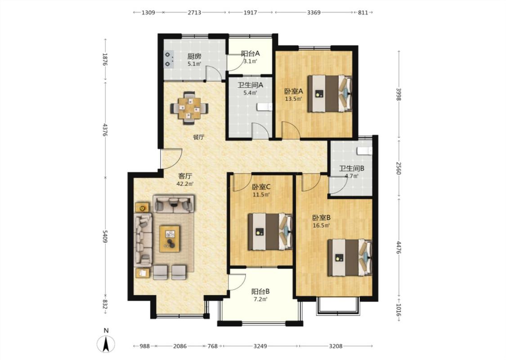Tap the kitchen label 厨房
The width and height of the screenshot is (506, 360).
pyautogui.click(x=194, y=57)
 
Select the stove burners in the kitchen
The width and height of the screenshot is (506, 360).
pyautogui.click(x=169, y=59)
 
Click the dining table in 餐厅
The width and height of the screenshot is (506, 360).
pyautogui.click(x=189, y=108)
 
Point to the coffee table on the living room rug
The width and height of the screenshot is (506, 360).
pyautogui.click(x=170, y=238)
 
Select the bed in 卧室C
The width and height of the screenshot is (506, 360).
pyautogui.click(x=270, y=231)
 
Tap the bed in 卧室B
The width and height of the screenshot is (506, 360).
pyautogui.click(x=350, y=257)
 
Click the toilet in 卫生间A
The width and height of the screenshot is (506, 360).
pyautogui.click(x=264, y=107)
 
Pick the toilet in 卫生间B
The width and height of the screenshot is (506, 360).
pyautogui.click(x=364, y=150)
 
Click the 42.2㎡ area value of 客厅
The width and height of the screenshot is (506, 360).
pyautogui.click(x=185, y=184)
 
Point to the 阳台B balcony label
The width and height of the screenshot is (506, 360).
pyautogui.click(x=260, y=292)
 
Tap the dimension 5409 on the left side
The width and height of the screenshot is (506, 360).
pyautogui.click(x=105, y=237)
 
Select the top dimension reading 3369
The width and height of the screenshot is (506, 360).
pyautogui.click(x=313, y=12)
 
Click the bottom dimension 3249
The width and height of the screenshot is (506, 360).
pyautogui.click(x=260, y=346)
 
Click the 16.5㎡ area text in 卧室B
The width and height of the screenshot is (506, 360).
pyautogui.click(x=322, y=225)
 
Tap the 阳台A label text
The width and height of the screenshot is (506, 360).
pyautogui.click(x=251, y=53)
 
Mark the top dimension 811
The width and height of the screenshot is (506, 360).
pyautogui.click(x=363, y=12)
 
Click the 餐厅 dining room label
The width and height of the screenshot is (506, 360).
pyautogui.click(x=198, y=137)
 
